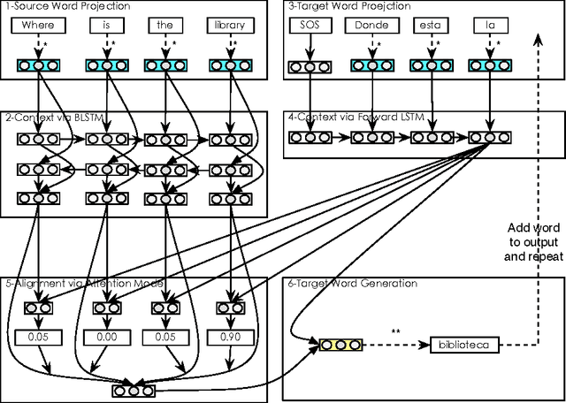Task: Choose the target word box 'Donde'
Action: [371, 27]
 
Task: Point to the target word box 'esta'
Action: [430, 27]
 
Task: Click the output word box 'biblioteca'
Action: [465, 343]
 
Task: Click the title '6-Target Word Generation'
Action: [340, 284]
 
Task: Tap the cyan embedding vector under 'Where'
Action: [37, 65]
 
